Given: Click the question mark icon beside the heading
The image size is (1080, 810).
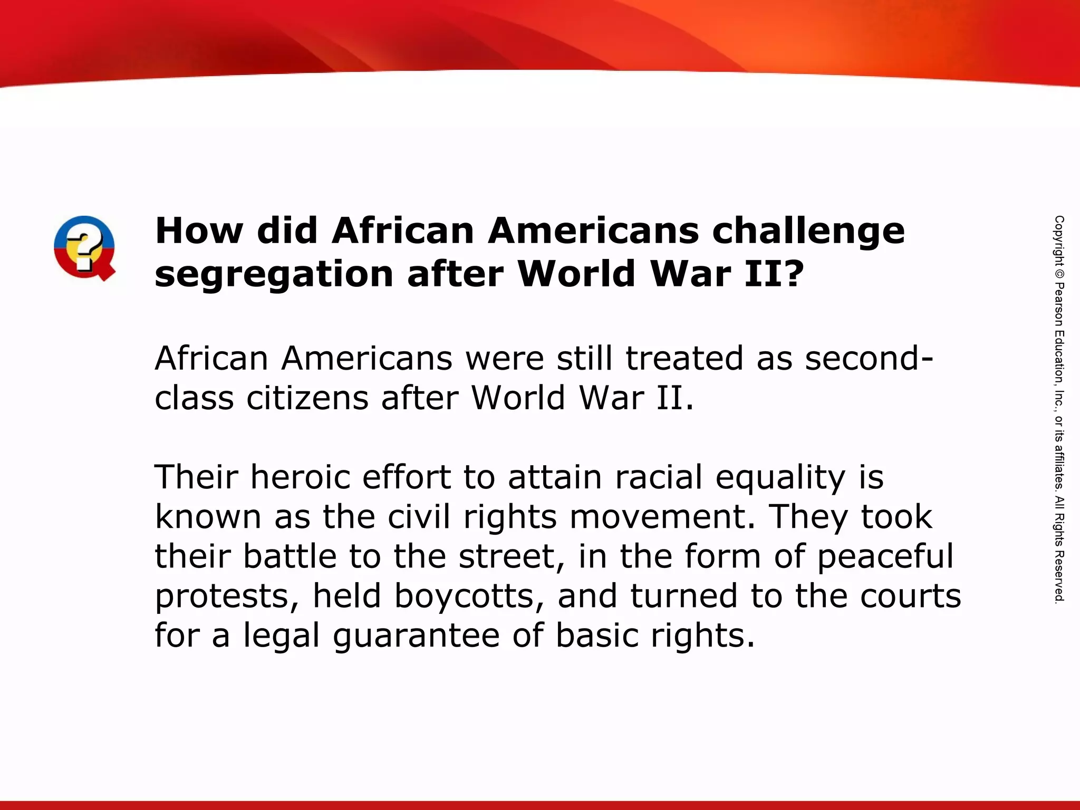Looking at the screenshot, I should [x=84, y=247].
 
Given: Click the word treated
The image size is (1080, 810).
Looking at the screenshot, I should [x=684, y=359].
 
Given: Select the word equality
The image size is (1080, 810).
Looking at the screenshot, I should [x=780, y=478].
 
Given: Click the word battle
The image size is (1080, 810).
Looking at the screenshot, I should [x=290, y=556].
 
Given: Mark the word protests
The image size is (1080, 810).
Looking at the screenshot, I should [x=222, y=596].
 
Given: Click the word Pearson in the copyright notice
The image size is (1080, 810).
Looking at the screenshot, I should [x=1059, y=305].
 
